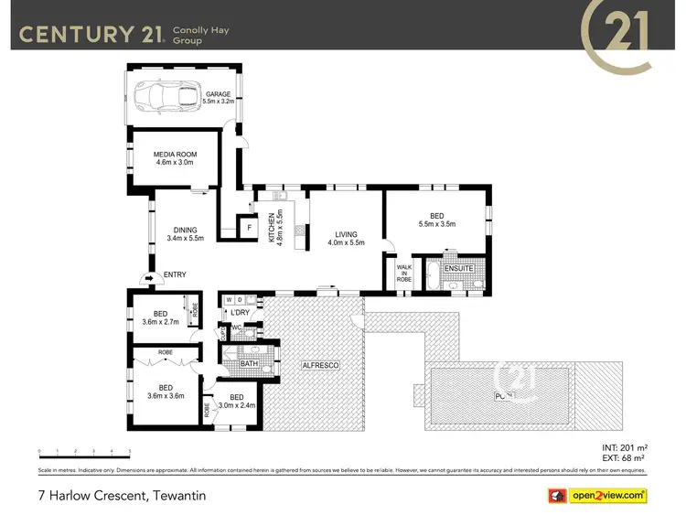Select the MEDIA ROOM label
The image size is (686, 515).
(x=175, y=155)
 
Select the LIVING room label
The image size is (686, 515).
(x=347, y=234)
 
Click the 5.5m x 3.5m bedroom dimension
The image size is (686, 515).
(x=437, y=223)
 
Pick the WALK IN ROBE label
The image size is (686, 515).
(x=403, y=272)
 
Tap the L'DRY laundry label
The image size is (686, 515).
(x=240, y=314)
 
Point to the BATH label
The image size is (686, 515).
(x=249, y=364)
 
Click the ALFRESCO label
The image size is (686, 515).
(x=321, y=365)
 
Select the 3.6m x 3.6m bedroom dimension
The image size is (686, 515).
(x=166, y=396)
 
